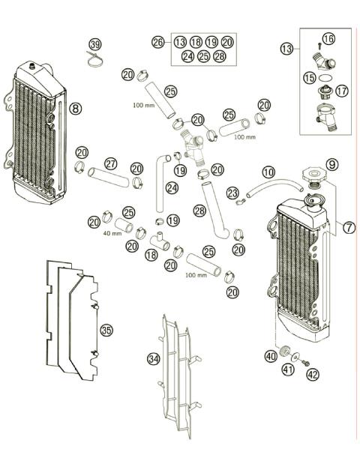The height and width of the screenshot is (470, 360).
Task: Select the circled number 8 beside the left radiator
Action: (75, 108)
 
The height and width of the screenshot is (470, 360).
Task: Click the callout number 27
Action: (110, 163)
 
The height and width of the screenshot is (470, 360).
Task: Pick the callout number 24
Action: (172, 187)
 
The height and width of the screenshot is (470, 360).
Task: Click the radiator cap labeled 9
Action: (312, 178)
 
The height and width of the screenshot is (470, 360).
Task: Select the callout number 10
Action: (268, 173)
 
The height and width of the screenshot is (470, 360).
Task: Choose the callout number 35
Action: (106, 330)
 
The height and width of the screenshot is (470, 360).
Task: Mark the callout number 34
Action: (152, 359)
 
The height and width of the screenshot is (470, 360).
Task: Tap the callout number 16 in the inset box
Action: (328, 38)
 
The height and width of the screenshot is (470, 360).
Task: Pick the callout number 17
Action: (342, 91)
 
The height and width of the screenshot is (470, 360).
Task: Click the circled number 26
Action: (157, 42)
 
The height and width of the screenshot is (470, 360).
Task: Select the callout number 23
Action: (232, 193)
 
